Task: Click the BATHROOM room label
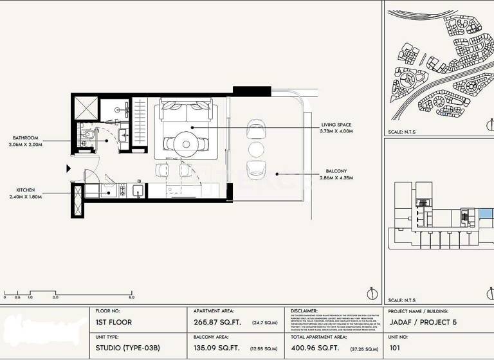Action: pos(26,138)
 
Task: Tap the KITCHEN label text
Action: pos(26,190)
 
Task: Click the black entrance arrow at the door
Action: pos(69,168)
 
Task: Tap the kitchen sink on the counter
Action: pos(137,190)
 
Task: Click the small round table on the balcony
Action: pos(256,149)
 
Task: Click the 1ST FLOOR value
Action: pos(114,322)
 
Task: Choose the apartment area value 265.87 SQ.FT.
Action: pos(217,322)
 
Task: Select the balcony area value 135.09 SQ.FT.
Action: pos(217,350)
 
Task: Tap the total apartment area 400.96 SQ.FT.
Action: pos(315,350)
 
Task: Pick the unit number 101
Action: pos(395,350)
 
